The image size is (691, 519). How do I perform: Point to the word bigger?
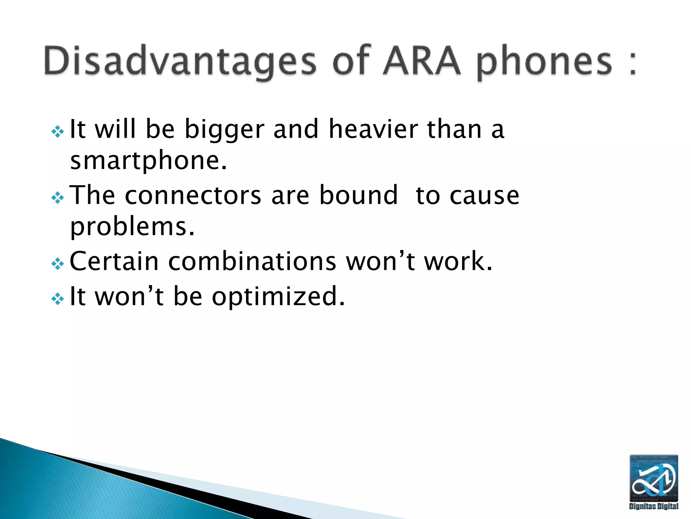(224, 130)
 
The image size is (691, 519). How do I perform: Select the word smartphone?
(148, 161)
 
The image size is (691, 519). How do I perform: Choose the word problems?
(132, 227)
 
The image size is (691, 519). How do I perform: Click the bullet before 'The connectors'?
(58, 198)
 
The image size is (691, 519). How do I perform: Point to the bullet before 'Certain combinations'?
(58, 264)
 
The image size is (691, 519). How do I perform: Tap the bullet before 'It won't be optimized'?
(58, 298)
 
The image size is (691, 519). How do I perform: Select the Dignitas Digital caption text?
(654, 506)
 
